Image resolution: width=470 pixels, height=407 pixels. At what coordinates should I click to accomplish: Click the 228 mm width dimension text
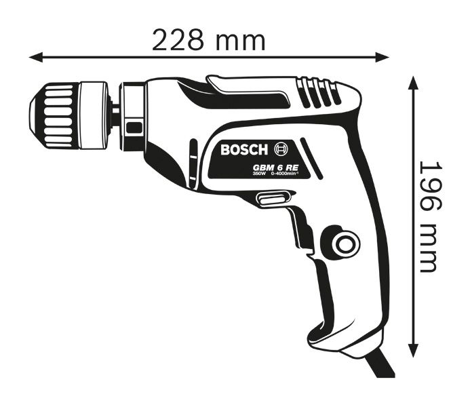pos(208,40)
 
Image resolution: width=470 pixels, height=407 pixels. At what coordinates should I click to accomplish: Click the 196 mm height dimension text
pos(427,216)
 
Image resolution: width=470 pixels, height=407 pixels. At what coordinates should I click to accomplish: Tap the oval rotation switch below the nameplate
pos(270,198)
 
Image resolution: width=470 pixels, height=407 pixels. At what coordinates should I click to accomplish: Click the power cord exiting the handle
pos(380,366)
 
